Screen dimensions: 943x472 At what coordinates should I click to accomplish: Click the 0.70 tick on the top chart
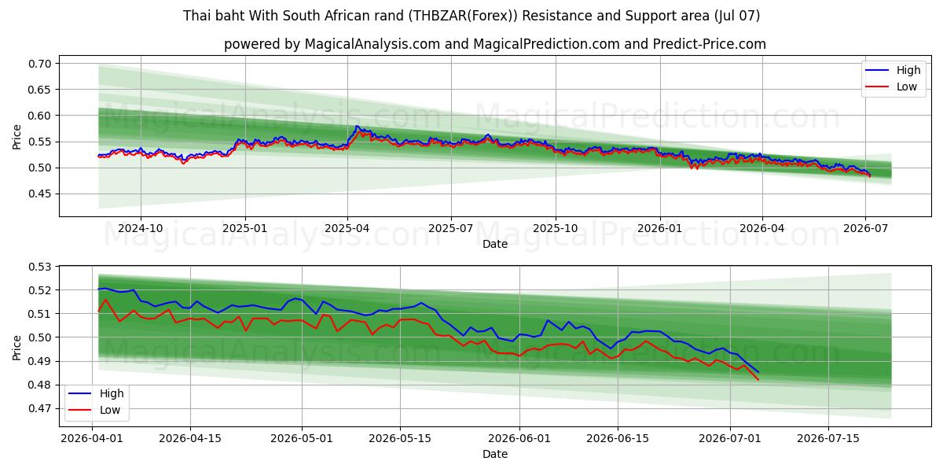pos(39,64)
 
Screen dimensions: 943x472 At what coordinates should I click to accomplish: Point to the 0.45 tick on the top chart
pos(39,194)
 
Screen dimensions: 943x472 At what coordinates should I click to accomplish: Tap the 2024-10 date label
pos(140,228)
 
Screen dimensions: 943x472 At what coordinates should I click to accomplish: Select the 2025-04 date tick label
pos(347,228)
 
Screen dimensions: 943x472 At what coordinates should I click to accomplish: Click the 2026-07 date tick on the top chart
pos(865,228)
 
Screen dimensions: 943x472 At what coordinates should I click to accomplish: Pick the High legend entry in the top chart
pos(893,70)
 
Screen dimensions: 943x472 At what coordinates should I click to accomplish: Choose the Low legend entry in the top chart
pos(891,87)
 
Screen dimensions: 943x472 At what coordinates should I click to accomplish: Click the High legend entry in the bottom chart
pos(96,393)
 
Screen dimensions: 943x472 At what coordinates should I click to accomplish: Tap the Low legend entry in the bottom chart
pos(94,410)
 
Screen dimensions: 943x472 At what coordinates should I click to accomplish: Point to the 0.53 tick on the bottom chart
pos(39,267)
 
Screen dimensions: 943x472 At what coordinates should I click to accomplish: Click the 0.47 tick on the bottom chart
pos(39,408)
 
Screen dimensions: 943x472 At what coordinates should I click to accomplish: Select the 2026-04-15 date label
pos(190,438)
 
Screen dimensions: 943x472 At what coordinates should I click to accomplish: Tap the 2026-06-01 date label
pos(519,438)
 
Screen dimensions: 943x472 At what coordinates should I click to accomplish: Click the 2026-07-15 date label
pos(828,438)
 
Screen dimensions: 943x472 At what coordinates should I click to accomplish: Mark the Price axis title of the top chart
pos(17,137)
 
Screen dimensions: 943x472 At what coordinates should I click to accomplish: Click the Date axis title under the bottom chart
pos(495,455)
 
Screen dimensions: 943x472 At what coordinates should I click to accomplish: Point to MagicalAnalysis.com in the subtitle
pos(372,44)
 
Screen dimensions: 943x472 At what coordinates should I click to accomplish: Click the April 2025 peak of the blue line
pos(357,126)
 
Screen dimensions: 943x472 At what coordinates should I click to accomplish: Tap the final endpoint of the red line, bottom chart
pos(758,380)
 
